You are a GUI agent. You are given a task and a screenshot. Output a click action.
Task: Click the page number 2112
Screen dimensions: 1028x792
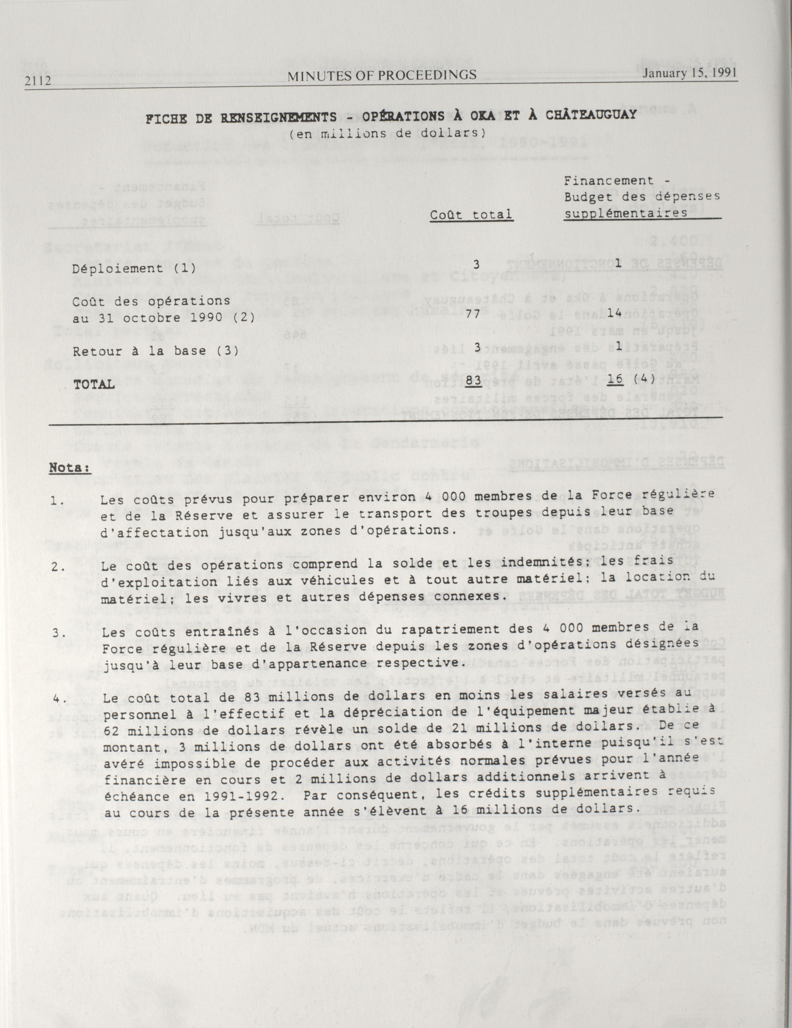coord(38,81)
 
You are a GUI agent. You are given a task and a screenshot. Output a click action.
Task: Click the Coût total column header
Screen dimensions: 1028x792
coord(471,215)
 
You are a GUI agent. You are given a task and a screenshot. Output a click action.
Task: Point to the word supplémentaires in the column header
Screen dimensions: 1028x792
coord(626,213)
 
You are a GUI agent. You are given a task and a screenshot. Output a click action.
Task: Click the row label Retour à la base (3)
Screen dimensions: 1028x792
coord(155,351)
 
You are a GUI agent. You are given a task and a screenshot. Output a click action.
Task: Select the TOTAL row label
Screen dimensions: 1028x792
coord(94,384)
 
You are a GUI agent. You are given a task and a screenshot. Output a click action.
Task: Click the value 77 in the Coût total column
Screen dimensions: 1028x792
coord(472,314)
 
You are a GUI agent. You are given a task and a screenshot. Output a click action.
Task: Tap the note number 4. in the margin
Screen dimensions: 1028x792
coord(59,699)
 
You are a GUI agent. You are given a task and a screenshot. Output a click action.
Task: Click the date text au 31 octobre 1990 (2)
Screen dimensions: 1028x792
coord(163,318)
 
